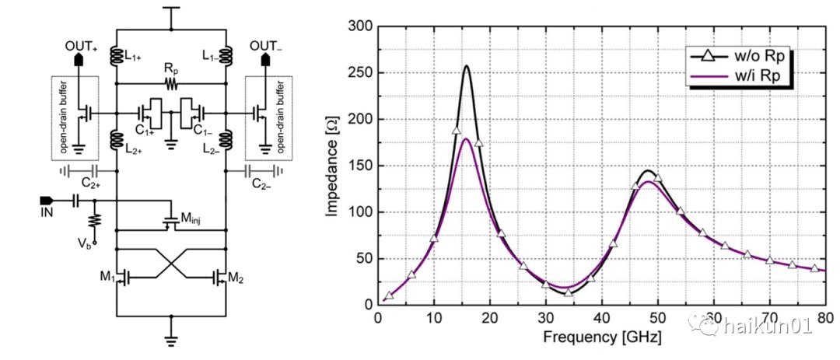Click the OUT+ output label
pos(80,46)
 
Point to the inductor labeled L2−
pos(226,141)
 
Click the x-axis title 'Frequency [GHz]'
pos(601,339)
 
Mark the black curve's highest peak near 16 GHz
pos(467,66)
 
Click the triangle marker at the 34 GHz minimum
pos(569,292)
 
